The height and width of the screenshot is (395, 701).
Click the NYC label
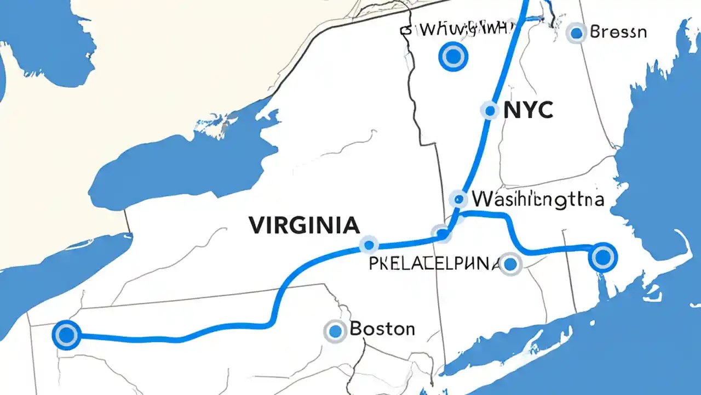(528, 111)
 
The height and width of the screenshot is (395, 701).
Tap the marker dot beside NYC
(490, 111)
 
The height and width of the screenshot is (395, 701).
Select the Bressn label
(618, 32)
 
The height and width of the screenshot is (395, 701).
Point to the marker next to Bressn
(576, 33)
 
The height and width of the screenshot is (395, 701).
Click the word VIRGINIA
(304, 225)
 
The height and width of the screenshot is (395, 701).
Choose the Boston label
(382, 329)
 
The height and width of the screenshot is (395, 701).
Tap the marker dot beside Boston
(335, 331)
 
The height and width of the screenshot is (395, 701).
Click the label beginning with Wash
(538, 199)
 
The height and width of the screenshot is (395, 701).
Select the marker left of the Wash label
(458, 199)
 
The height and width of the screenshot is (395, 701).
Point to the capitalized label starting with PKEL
(434, 264)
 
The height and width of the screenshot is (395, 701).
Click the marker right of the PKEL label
(510, 264)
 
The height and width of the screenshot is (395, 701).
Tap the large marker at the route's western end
(66, 335)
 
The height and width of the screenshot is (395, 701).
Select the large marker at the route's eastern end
(602, 257)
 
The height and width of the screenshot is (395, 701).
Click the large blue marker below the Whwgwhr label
(453, 56)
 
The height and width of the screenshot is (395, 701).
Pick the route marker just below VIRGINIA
(369, 245)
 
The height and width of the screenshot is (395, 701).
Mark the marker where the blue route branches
(441, 234)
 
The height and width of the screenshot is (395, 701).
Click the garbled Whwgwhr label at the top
(461, 29)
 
